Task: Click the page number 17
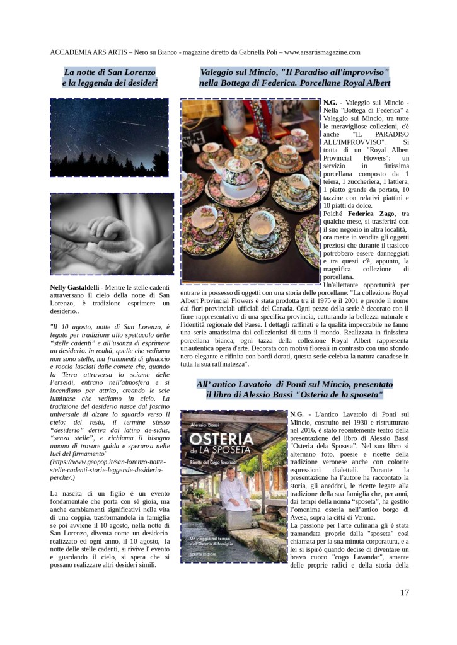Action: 404,592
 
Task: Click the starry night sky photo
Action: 109,137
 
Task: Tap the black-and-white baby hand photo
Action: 111,234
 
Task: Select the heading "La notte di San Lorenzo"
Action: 110,72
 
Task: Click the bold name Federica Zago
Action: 370,214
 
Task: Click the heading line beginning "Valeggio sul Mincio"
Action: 294,72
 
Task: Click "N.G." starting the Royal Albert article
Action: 330,102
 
